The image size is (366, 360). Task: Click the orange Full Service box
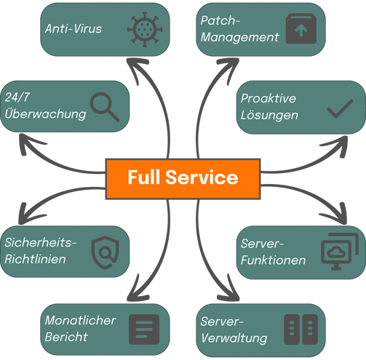point(183,179)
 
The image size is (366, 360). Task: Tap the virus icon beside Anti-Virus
point(145,29)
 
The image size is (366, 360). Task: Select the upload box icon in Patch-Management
point(301,28)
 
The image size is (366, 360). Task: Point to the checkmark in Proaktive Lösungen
point(340,108)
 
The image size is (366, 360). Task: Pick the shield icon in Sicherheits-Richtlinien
point(105,252)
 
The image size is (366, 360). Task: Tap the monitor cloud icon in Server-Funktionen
point(340,252)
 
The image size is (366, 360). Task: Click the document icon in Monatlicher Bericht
point(144,329)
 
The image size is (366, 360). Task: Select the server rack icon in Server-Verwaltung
point(301,329)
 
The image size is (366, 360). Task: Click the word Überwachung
point(45,113)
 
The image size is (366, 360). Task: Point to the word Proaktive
point(268,98)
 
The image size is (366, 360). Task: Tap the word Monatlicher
point(80,320)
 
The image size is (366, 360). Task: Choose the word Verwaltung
point(234,338)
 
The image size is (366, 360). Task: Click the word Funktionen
point(273,260)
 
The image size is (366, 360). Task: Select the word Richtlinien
point(35,259)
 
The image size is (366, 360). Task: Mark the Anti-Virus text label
point(73,28)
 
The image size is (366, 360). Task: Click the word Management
point(240,38)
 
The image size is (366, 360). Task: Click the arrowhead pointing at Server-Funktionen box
point(337,215)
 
